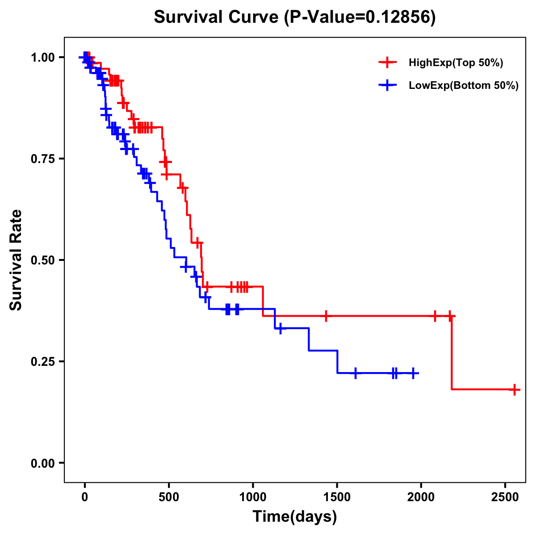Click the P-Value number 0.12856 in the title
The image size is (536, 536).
pos(399,17)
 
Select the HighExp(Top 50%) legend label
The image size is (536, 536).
pos(456,63)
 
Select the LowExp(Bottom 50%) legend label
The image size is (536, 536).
pos(464,86)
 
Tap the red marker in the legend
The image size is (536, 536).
pos(387,63)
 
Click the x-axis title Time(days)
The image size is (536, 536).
pos(295,517)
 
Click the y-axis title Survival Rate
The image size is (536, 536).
pos(16,260)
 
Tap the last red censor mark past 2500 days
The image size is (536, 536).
pos(515,389)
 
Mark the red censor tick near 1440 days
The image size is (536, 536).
pos(326,316)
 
